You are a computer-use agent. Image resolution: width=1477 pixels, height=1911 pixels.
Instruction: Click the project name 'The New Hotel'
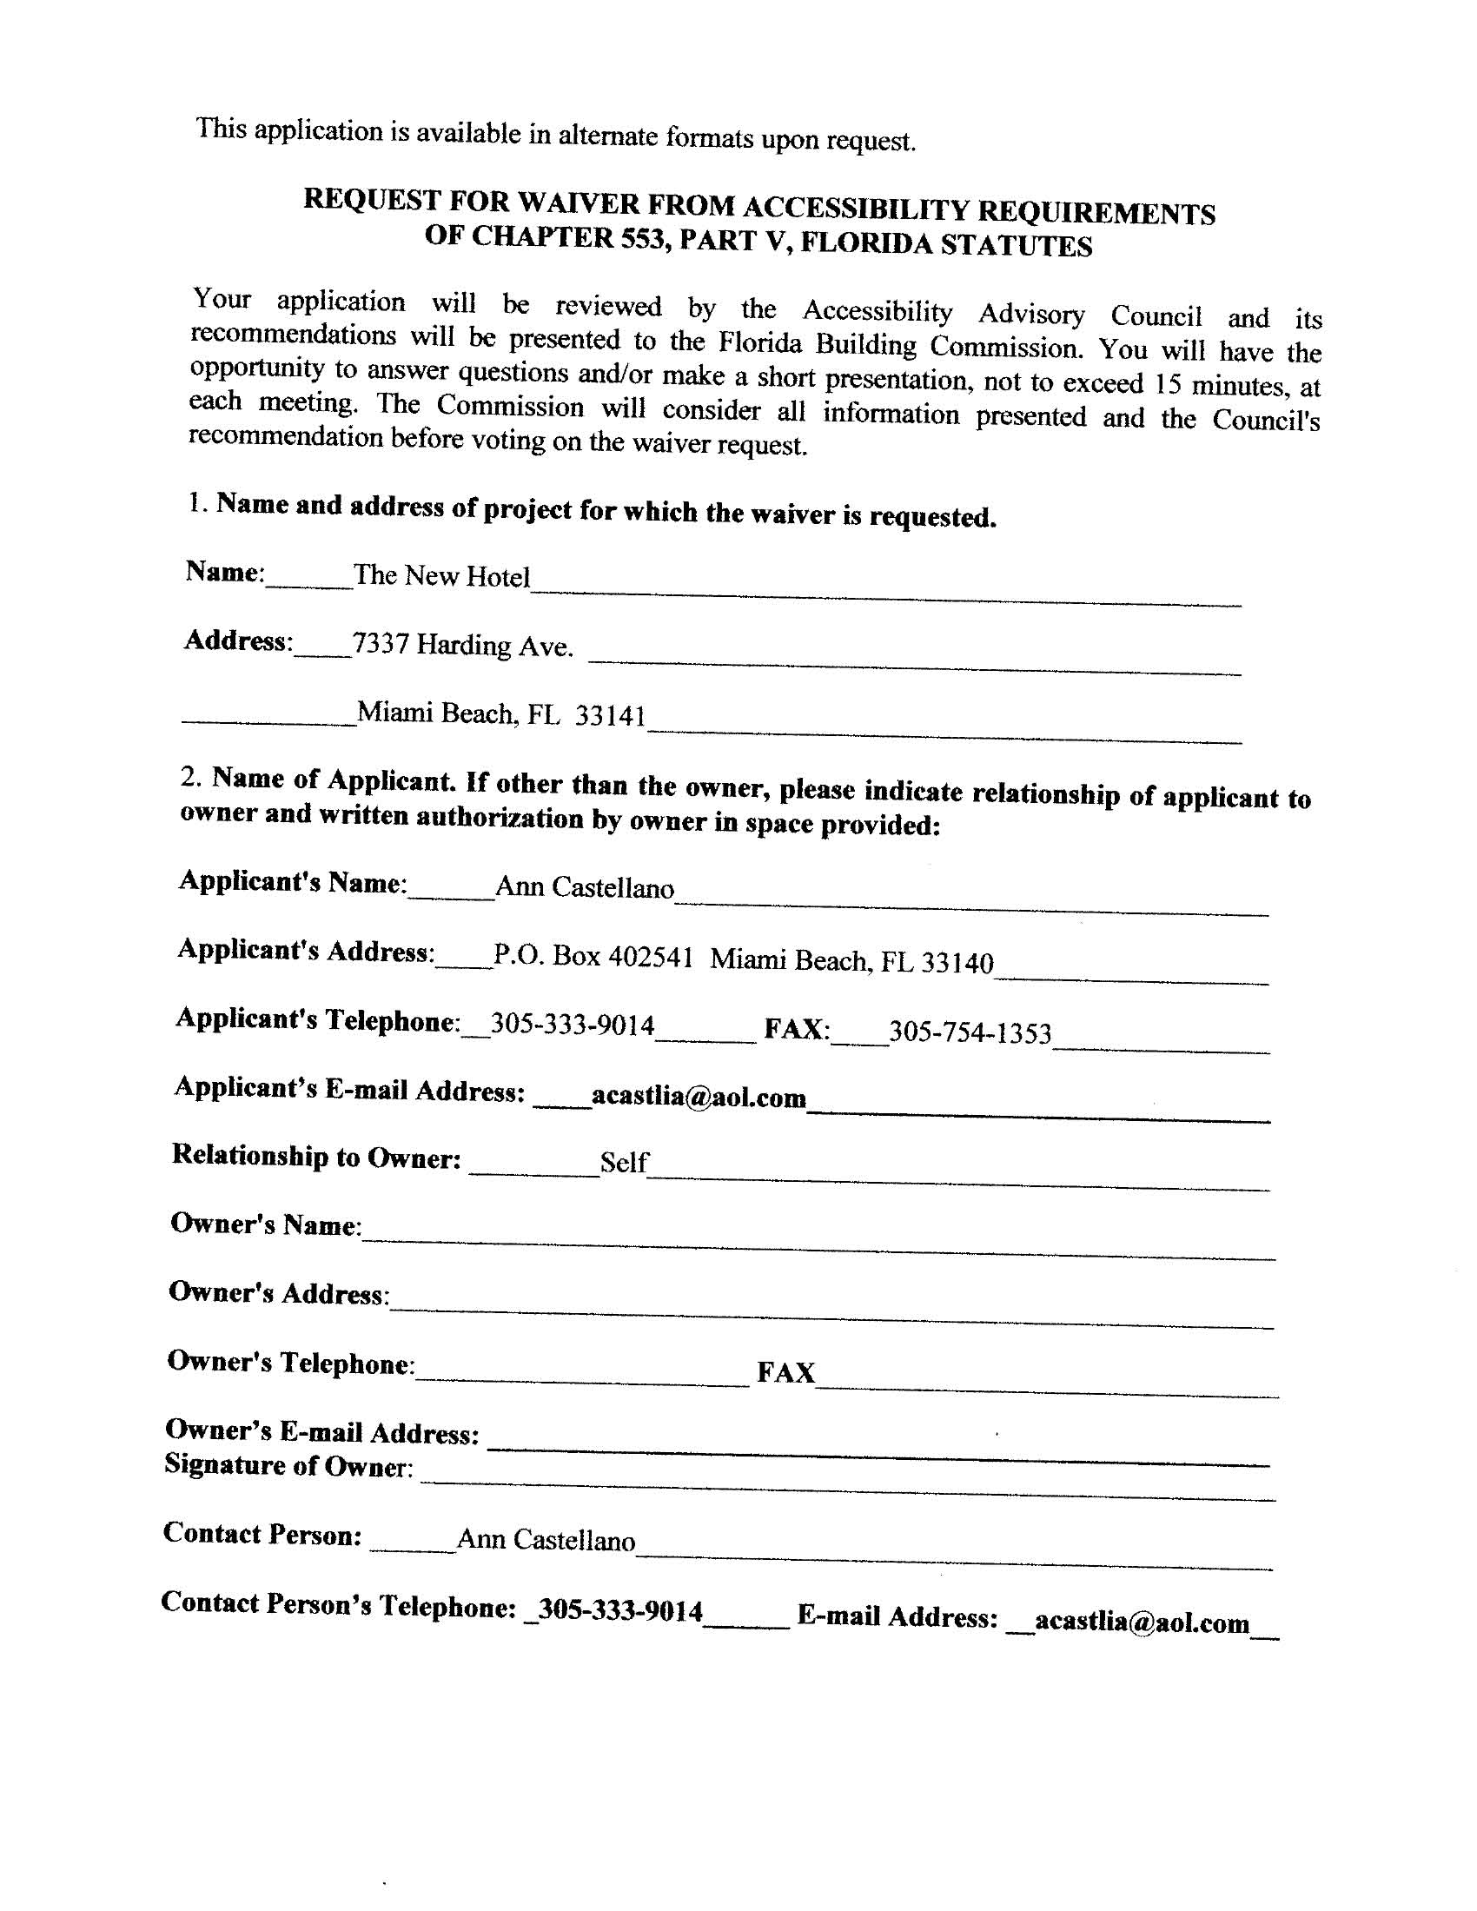point(441,576)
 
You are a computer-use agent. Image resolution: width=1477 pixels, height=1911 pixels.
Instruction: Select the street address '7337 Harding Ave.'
point(462,646)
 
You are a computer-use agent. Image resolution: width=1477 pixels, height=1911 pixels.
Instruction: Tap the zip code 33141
point(610,716)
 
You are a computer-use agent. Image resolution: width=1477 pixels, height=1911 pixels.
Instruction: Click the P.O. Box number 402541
point(650,957)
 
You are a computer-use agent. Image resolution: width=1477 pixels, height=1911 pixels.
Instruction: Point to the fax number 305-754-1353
point(970,1032)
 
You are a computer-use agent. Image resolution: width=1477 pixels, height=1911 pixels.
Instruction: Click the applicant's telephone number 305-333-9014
point(573,1024)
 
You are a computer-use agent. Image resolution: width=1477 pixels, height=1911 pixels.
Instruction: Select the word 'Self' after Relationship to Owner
point(623,1162)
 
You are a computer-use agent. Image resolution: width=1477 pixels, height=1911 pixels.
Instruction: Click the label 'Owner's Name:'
point(265,1224)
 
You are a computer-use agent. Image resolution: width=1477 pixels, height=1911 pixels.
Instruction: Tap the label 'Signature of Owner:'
point(288,1466)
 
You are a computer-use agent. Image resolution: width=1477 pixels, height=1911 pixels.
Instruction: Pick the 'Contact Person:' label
point(262,1534)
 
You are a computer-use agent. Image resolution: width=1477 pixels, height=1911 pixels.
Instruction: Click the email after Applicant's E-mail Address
point(699,1097)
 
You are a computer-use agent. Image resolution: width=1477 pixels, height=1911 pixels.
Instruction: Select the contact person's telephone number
point(620,1610)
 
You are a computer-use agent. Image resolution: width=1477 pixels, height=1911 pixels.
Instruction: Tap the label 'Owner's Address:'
point(278,1292)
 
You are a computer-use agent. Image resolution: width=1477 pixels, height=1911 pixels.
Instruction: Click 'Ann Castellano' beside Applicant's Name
point(585,887)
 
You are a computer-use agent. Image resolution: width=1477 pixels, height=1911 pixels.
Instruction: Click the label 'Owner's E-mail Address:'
point(322,1431)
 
